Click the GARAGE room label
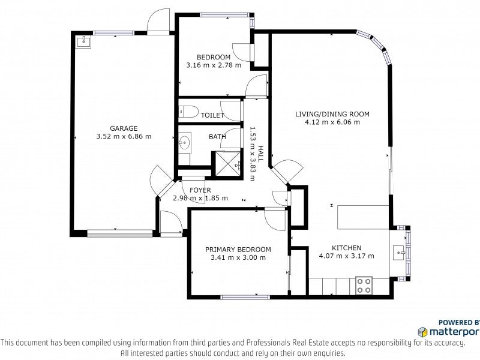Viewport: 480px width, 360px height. coord(124,128)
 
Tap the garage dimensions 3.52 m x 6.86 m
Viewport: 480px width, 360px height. coord(124,137)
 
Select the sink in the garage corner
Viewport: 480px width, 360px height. coord(83,41)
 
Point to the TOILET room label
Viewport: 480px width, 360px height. coord(212,115)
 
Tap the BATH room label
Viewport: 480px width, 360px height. coord(217,137)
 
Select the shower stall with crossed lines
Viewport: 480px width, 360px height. coord(228,164)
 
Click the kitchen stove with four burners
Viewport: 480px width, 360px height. coord(364,286)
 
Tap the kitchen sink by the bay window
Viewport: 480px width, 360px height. coord(399,253)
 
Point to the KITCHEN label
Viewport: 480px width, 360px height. coord(347,248)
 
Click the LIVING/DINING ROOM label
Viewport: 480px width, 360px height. coord(332,114)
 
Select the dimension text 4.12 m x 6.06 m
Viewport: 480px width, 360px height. coord(332,122)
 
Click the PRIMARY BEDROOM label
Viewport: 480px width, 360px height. coord(238,250)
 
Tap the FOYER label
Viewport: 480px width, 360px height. coord(200,190)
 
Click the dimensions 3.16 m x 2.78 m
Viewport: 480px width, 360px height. coord(214,65)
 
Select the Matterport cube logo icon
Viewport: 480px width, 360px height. coord(422,332)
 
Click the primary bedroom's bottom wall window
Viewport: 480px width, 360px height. coord(245,297)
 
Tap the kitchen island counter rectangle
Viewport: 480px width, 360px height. coord(364,217)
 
